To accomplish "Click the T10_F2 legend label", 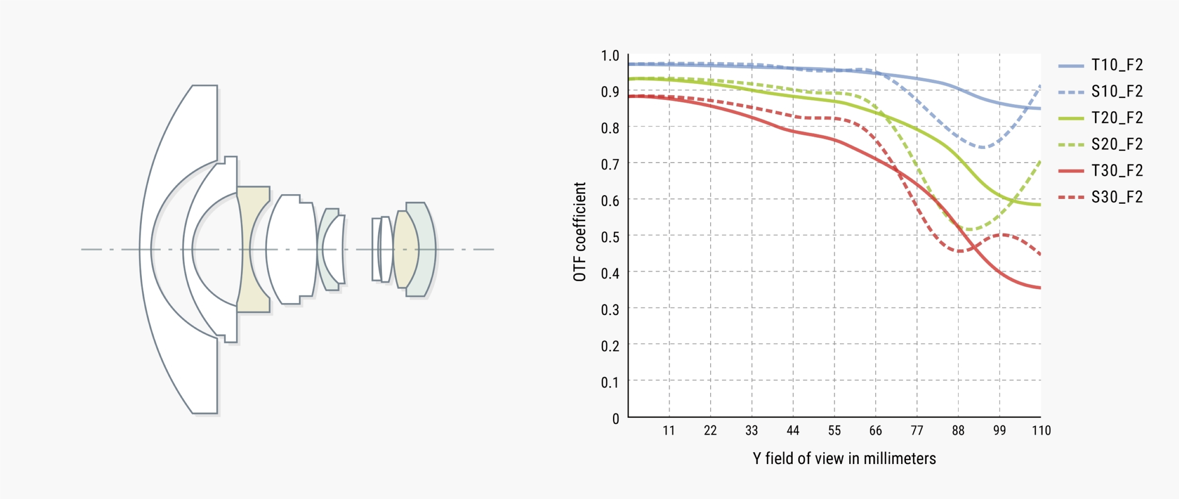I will point(1117,65).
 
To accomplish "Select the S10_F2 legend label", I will point(1117,92).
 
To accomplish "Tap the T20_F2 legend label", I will point(1117,118).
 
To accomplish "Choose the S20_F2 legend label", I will point(1117,144).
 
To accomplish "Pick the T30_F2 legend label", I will point(1117,171).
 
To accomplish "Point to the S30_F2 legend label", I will point(1117,197).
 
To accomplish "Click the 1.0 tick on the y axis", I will point(610,56).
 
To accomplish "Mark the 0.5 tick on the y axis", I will point(610,237).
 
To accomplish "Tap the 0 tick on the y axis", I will point(615,418).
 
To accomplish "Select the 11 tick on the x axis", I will point(668,430).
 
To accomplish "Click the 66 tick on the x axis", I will point(875,430).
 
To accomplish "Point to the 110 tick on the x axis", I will point(1041,430).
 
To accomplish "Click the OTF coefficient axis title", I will point(579,232).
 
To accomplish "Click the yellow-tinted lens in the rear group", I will point(405,249).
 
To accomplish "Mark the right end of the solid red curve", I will point(1040,288).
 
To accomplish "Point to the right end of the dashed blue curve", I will point(1040,86).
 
